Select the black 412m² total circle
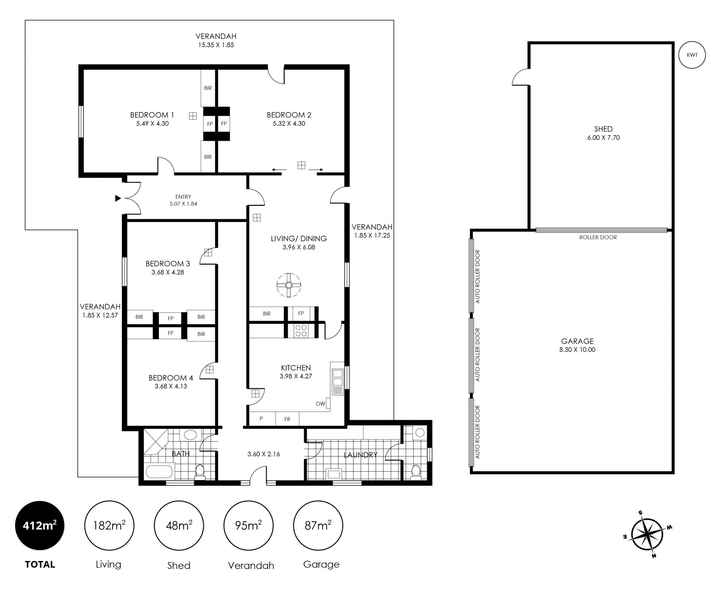pyautogui.click(x=40, y=526)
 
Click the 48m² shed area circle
pyautogui.click(x=179, y=526)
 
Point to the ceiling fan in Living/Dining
pyautogui.click(x=289, y=285)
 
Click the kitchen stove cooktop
pyautogui.click(x=301, y=330)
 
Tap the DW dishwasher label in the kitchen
pyautogui.click(x=320, y=404)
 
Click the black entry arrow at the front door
pyautogui.click(x=118, y=198)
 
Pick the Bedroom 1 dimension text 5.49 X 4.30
pyautogui.click(x=152, y=123)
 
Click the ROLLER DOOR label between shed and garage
pyautogui.click(x=598, y=237)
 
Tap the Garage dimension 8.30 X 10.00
pyautogui.click(x=577, y=350)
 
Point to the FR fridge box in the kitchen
pyautogui.click(x=287, y=419)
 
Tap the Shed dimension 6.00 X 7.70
pyautogui.click(x=603, y=138)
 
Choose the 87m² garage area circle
pyautogui.click(x=318, y=526)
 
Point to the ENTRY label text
pyautogui.click(x=183, y=197)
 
